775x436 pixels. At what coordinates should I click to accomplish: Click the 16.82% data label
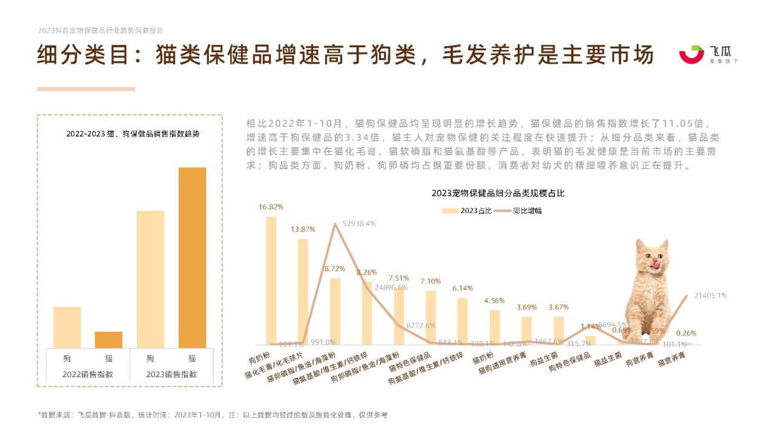pos(271,207)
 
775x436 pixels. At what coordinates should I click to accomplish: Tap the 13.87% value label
pos(303,230)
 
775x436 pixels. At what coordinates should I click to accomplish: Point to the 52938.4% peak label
pos(359,223)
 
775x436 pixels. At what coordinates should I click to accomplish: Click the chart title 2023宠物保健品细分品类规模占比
pos(498,194)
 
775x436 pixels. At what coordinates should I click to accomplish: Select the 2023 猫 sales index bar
pos(192,257)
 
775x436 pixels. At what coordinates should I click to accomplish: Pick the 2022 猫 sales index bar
pos(108,340)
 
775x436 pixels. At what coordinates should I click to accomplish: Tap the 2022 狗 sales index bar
pos(67,327)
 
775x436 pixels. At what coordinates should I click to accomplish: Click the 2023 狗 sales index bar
pos(150,279)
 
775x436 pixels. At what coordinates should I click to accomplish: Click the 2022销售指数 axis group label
pos(88,374)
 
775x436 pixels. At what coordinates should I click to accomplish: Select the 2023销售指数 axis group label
pos(171,374)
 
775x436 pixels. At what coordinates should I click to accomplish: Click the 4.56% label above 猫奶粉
pos(494,301)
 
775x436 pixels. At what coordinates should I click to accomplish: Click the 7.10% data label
pos(430,282)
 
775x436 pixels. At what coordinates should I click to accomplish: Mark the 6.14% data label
pos(463,288)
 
